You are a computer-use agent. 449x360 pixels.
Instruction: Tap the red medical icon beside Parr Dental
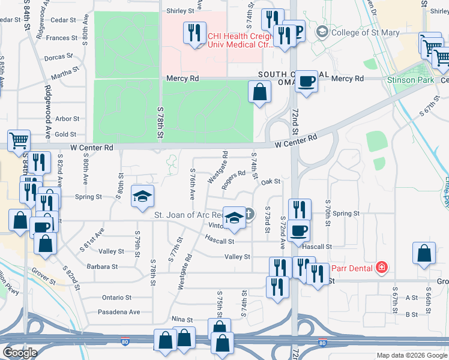380,268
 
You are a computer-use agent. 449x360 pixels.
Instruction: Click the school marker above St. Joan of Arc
142,196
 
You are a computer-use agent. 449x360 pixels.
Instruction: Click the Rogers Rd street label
234,180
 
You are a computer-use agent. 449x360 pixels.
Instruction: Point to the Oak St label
271,181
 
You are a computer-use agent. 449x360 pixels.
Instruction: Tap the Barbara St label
101,266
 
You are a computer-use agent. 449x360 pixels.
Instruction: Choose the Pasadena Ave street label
120,312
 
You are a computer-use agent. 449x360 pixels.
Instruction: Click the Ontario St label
116,298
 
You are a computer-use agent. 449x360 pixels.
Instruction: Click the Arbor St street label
67,119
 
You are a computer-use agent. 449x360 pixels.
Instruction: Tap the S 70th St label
328,213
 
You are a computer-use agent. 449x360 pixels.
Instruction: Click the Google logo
20,353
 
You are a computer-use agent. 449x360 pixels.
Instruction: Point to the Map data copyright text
411,355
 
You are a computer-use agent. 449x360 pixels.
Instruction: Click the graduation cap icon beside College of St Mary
322,32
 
